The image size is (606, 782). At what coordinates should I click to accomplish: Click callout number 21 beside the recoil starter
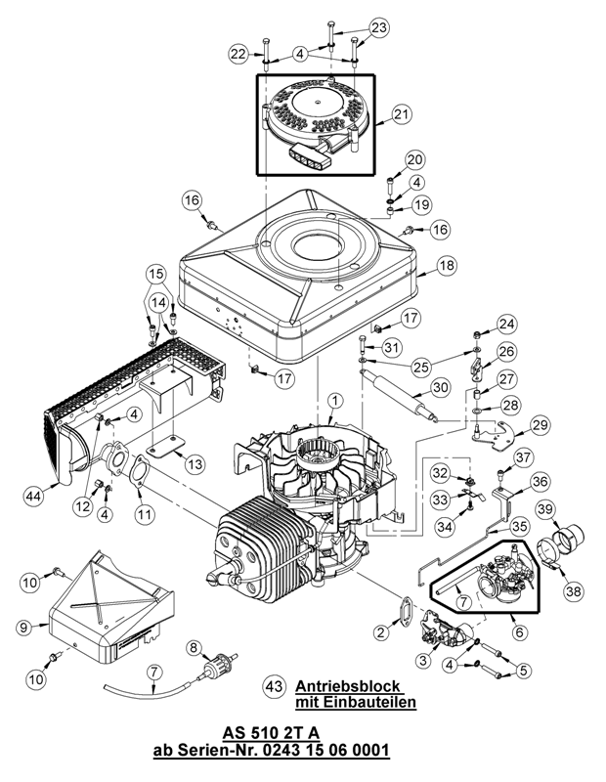pos(403,115)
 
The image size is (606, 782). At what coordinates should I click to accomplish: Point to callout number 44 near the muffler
pos(34,496)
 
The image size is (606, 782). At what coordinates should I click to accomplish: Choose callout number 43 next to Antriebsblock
pos(276,687)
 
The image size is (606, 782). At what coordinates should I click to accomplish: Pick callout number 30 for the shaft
pos(441,386)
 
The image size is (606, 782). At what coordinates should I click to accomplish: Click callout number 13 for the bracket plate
pos(195,462)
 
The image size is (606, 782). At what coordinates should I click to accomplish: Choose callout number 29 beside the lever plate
pos(541,423)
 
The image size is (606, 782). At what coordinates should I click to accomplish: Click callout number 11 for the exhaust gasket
pos(144,511)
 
